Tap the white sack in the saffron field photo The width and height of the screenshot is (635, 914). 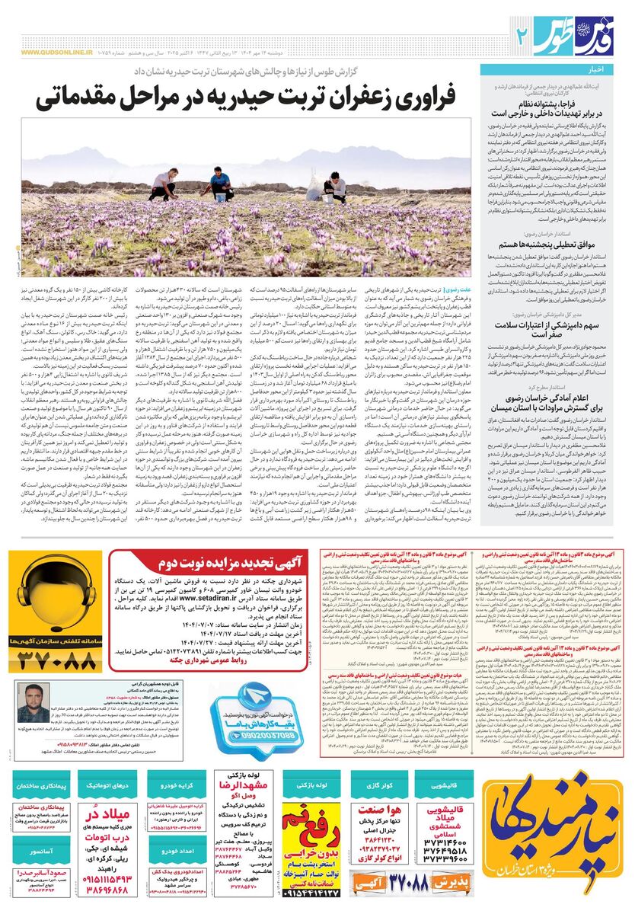point(314,186)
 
